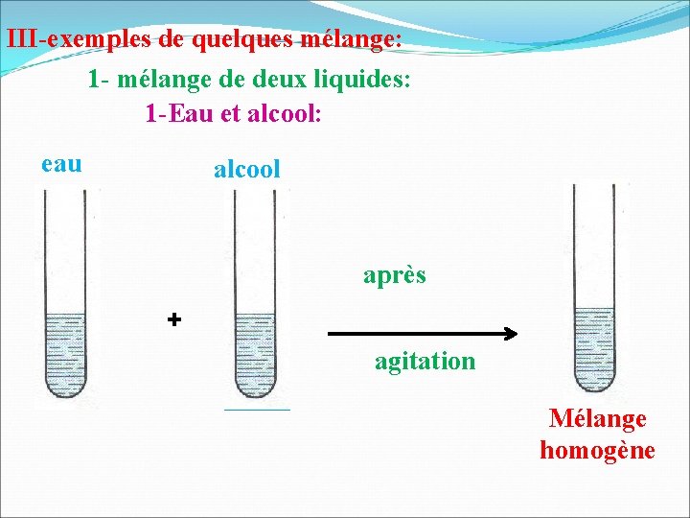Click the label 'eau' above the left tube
click(62, 164)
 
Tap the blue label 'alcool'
click(246, 170)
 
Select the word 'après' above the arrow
click(394, 276)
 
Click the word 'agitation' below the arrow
click(425, 362)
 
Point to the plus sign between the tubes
click(173, 319)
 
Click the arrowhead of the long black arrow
click(511, 335)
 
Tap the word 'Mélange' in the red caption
click(597, 418)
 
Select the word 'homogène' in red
click(597, 450)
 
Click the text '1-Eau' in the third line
click(173, 113)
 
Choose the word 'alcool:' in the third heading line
click(286, 113)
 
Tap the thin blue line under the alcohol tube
click(256, 410)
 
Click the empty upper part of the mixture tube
click(593, 245)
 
